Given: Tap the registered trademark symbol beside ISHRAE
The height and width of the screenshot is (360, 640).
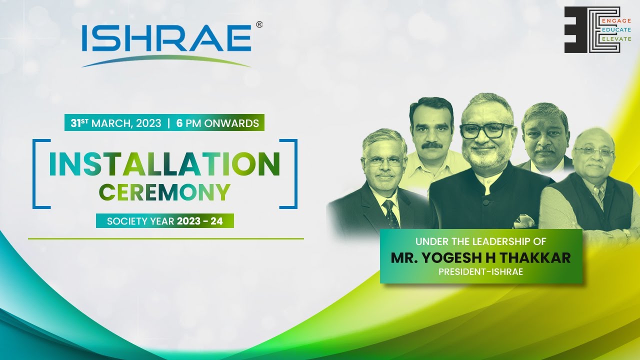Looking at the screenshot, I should [259, 24].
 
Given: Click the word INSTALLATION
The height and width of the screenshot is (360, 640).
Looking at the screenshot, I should [164, 163].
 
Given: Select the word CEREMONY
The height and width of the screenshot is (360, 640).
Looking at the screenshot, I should [164, 192].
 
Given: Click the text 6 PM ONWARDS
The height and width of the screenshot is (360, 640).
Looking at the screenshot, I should [217, 123].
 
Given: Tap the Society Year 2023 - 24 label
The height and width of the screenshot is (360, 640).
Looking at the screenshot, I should [164, 220].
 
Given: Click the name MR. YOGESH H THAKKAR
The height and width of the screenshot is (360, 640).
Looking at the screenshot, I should [480, 258].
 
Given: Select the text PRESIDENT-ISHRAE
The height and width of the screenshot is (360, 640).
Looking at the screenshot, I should [480, 272].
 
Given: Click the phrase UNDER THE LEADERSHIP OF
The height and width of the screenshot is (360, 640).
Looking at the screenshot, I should [480, 241].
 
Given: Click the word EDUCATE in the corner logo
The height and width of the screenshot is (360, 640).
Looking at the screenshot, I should [618, 30].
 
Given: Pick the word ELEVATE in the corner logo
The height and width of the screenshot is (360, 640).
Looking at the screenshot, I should [618, 39].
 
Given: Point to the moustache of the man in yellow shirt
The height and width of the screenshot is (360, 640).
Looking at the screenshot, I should [432, 145].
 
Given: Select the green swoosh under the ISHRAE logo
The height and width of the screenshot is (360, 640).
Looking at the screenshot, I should [166, 59].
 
